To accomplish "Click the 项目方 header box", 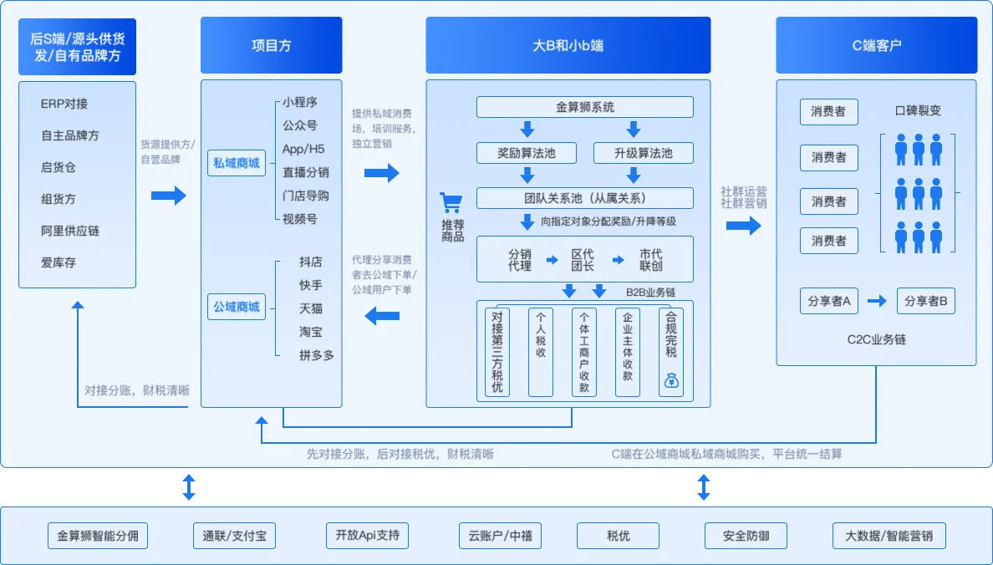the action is pos(271,45).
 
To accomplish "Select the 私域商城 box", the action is pos(237,163).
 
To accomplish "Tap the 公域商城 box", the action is pos(237,307).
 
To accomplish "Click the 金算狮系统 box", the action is pos(584,107).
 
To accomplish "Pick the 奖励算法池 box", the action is pos(527,153).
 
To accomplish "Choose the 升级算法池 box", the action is pos(643,153).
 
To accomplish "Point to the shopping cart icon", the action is pos(451,203).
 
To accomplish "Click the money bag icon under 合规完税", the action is pos(671,380).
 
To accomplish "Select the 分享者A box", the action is pos(829,301).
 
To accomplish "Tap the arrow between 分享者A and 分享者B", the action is pos(877,301).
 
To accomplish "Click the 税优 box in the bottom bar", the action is pos(618,536).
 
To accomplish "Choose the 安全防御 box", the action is pos(746,536).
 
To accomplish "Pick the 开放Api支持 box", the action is pos(367,536).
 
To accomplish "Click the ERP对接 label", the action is pos(64,104).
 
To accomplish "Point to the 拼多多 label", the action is pos(317,355).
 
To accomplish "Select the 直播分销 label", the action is pos(305,172).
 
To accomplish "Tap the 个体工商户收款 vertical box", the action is pos(584,352).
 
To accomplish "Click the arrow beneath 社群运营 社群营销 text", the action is pos(743,225).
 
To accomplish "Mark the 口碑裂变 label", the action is pos(918,110).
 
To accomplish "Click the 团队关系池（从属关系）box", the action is pos(584,198).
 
